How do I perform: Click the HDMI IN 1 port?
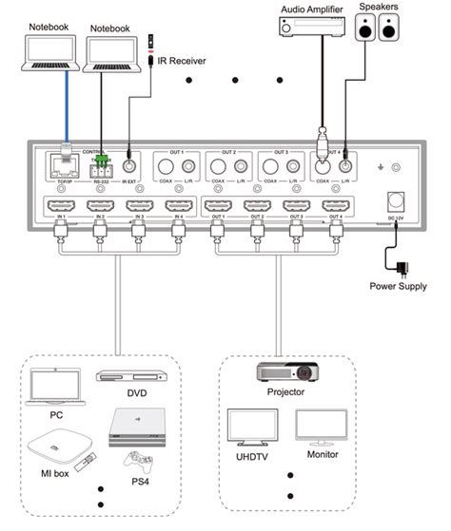click(59, 206)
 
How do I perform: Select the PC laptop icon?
click(55, 386)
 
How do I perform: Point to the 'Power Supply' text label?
click(399, 284)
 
